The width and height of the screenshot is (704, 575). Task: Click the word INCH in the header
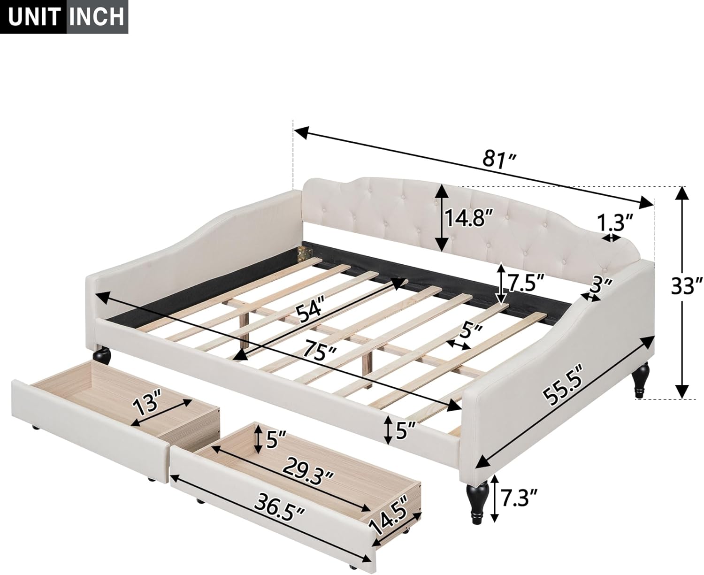98,17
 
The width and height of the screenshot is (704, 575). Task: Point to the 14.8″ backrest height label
469,219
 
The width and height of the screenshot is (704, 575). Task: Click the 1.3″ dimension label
615,222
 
